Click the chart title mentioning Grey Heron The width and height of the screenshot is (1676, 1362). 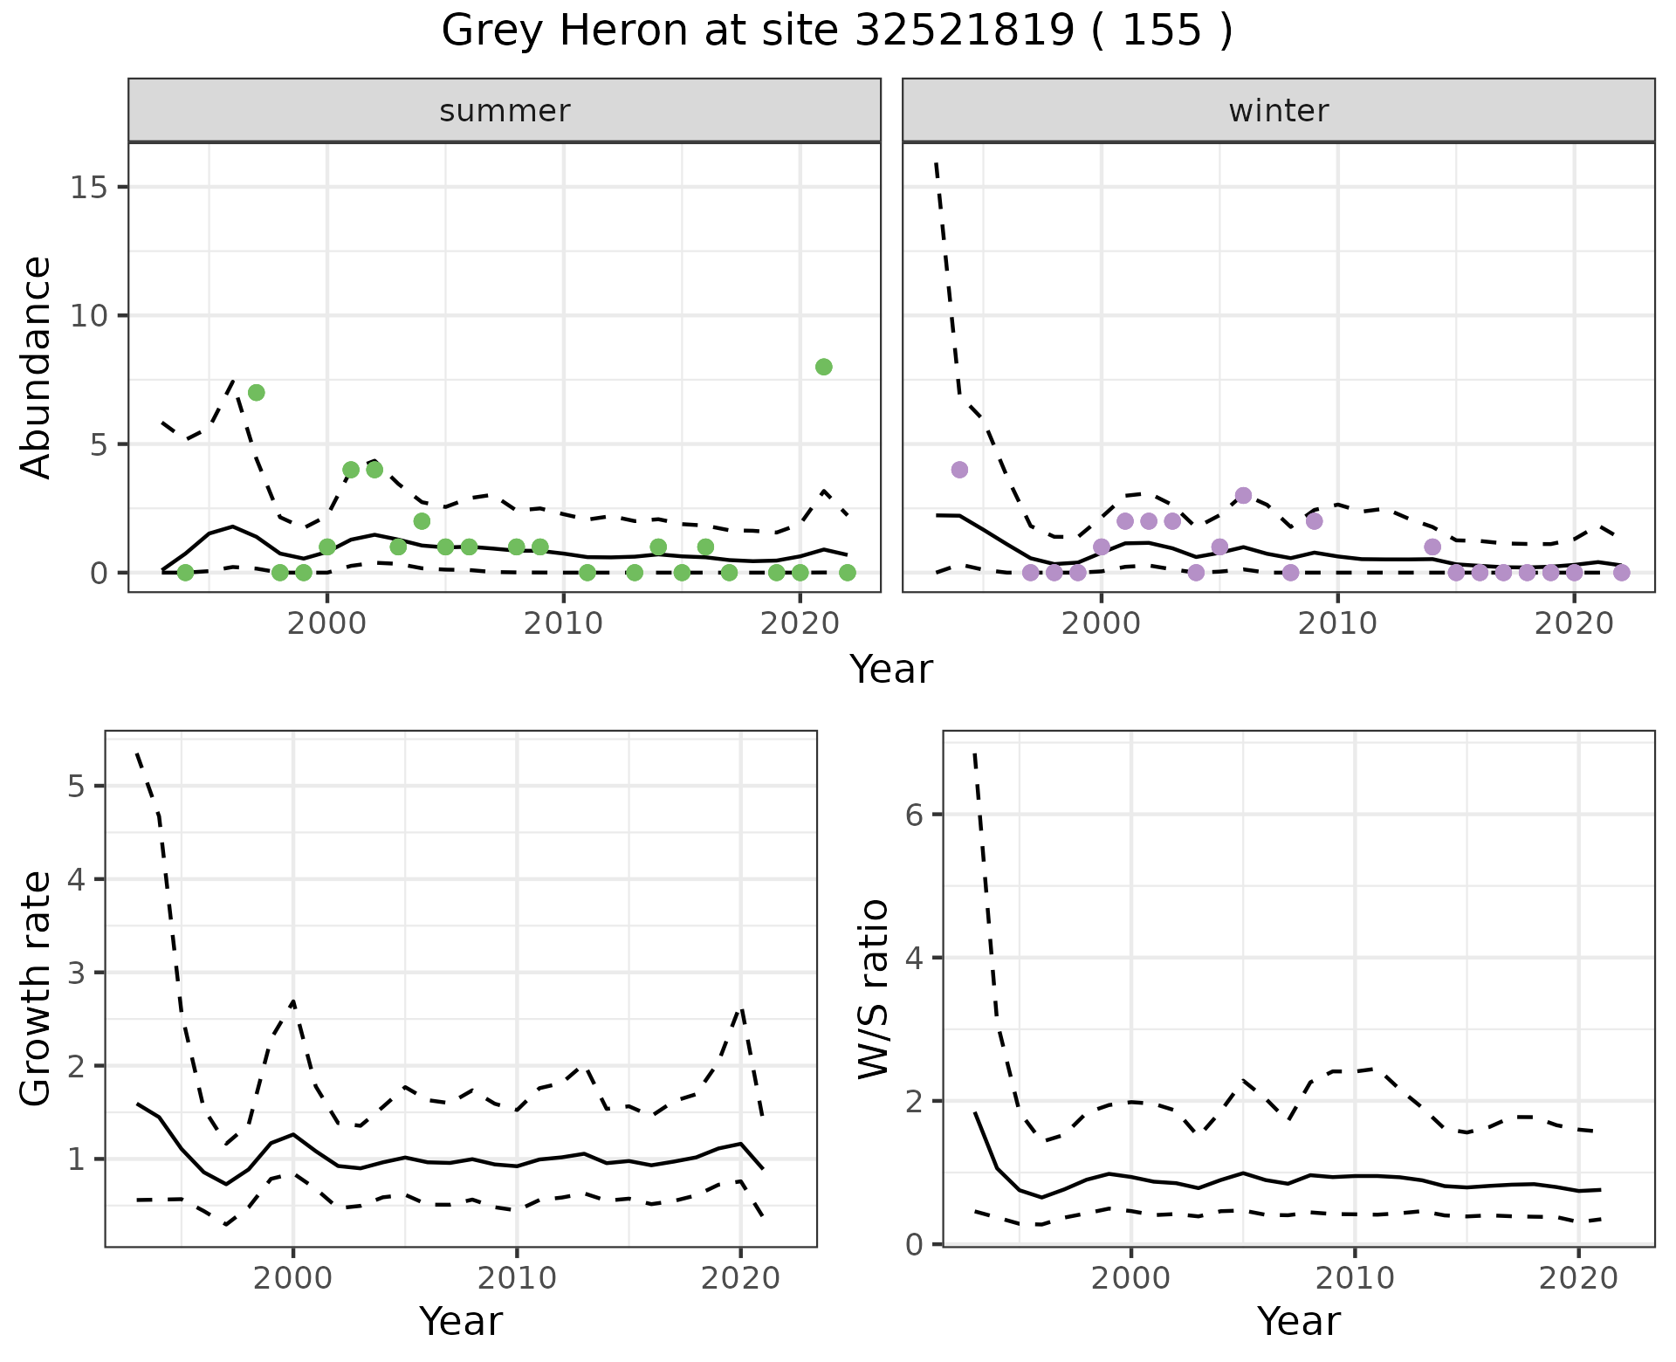pos(836,31)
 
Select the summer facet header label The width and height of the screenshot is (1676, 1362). pos(505,111)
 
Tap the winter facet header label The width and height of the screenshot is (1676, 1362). pos(1278,111)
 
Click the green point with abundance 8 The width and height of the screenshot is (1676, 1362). pos(823,367)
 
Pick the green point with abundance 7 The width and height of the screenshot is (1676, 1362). pos(256,393)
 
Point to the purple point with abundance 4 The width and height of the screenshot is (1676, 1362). pos(959,470)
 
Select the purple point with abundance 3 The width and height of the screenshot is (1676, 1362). pos(1243,496)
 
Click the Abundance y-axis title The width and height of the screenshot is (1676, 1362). pos(36,367)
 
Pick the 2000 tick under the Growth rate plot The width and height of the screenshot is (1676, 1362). pos(293,1278)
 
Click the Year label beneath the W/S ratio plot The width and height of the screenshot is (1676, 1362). pos(1298,1321)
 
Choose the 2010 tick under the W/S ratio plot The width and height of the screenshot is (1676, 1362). pos(1355,1278)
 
